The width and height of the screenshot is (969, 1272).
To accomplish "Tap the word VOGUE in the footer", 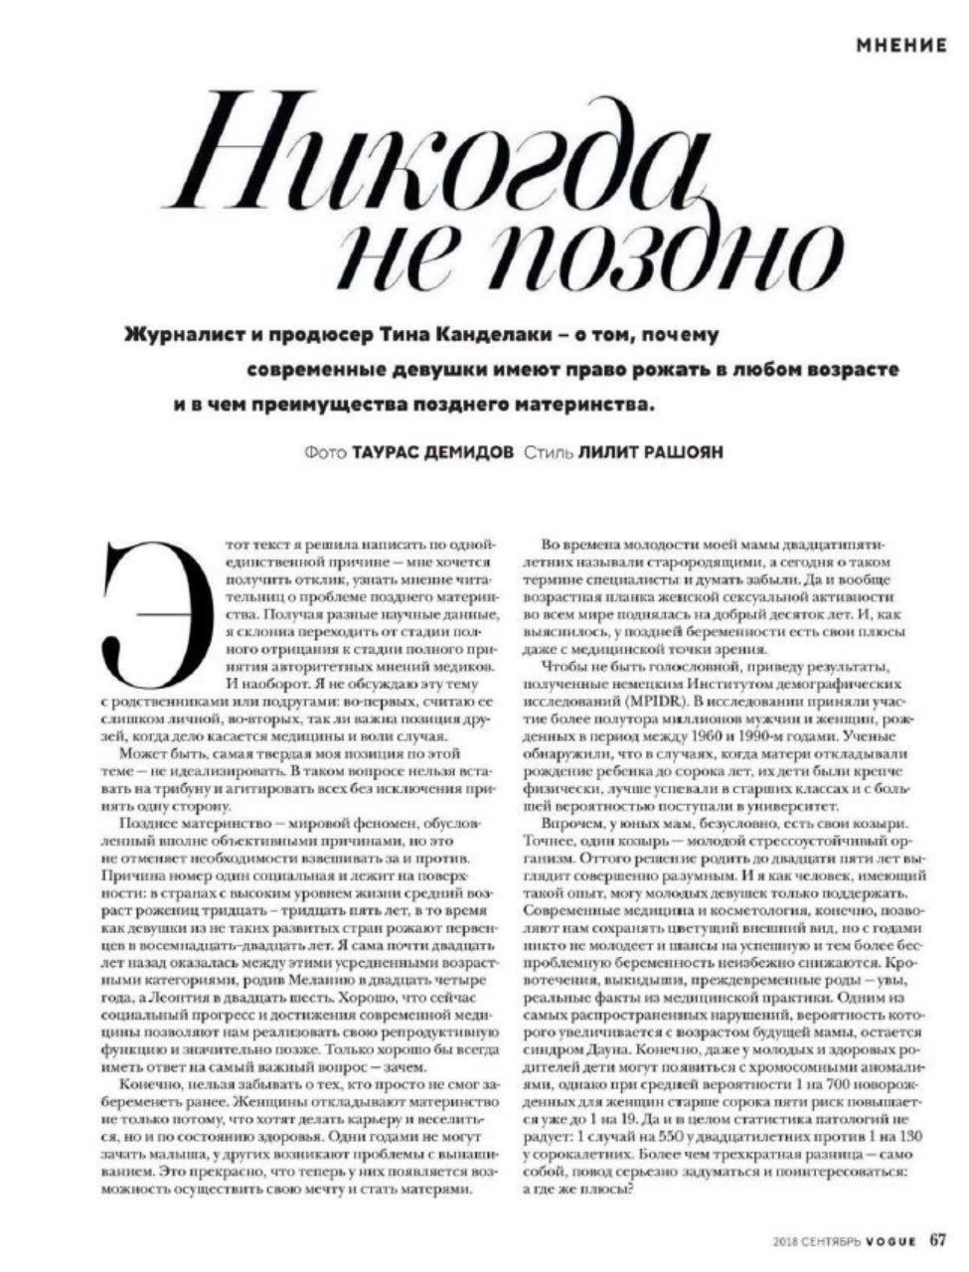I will [x=890, y=1239].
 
